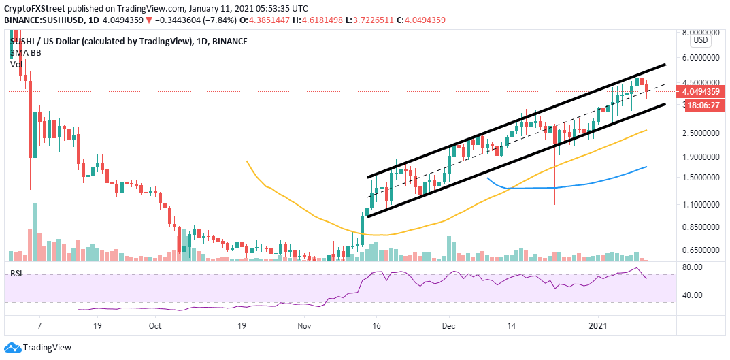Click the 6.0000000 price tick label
pos(701,58)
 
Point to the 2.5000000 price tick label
pos(701,133)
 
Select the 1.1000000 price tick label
pos(701,204)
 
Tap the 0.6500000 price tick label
pos(701,250)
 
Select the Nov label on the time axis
pos(304,325)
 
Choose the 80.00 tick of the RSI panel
pos(693,267)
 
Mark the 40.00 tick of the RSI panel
pos(693,295)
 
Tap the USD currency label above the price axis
pos(701,39)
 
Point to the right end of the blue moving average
pos(646,166)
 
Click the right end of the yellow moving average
pos(646,130)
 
